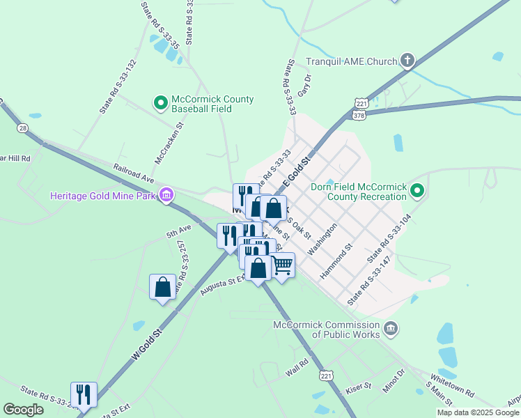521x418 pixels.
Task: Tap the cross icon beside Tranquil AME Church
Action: pos(407,61)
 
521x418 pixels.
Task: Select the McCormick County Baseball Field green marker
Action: pos(161,104)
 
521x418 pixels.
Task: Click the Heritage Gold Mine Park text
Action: pos(103,195)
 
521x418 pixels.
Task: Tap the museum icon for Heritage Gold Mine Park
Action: pos(166,194)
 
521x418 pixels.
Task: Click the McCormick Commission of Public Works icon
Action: pos(391,328)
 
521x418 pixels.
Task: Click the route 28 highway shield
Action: pos(23,128)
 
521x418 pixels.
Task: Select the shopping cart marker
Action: pos(281,265)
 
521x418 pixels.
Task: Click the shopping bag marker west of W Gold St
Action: pos(162,286)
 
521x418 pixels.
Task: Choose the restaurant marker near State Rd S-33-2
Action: pos(84,394)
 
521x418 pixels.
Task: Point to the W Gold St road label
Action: pos(147,344)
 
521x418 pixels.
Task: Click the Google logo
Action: pos(24,410)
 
